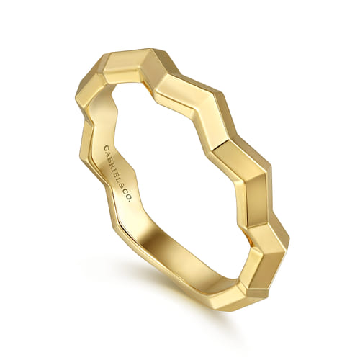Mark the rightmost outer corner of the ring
[x=289, y=241]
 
